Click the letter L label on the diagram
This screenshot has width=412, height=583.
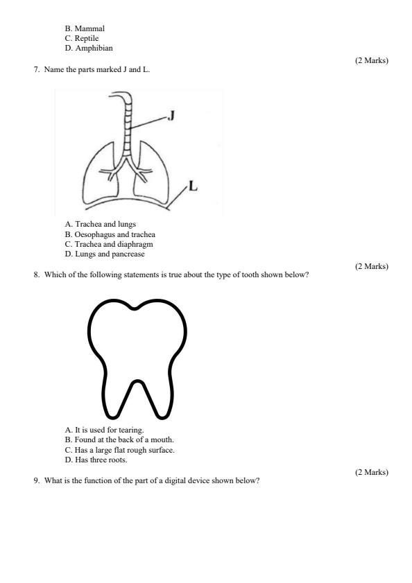tap(193, 186)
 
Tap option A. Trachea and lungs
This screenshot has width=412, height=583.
tap(101, 225)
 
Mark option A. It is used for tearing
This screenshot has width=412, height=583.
tap(104, 430)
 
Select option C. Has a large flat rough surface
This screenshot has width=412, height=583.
tap(119, 450)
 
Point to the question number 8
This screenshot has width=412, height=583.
tap(36, 275)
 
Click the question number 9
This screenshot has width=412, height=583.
tap(36, 481)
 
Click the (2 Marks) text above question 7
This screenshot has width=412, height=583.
tap(371, 61)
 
